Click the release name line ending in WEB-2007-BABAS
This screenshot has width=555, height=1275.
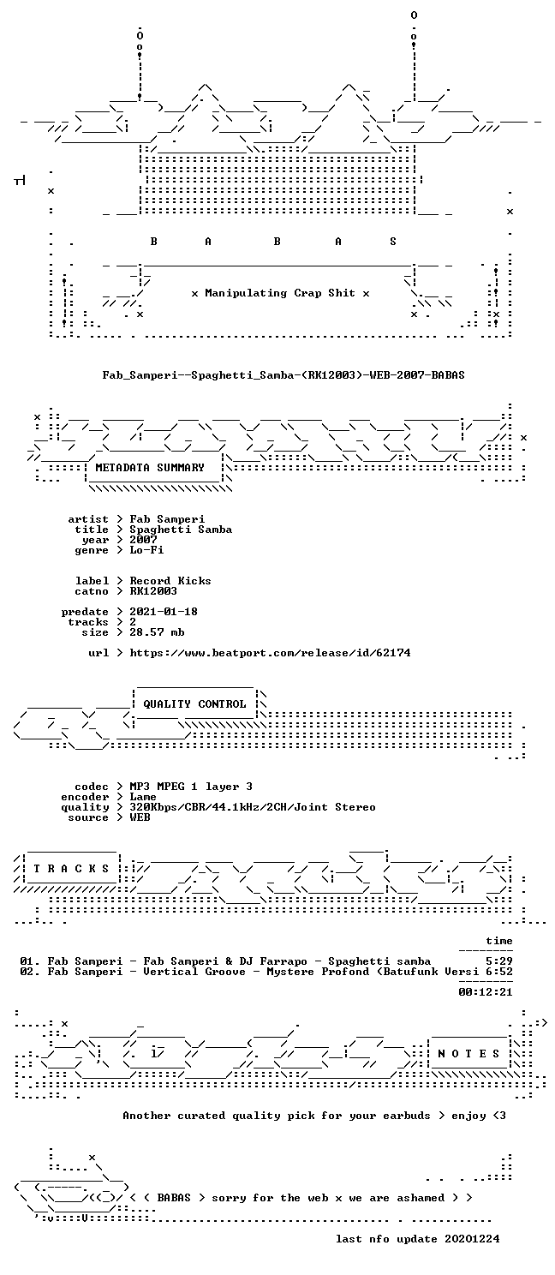(283, 375)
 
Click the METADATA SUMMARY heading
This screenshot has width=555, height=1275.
(150, 468)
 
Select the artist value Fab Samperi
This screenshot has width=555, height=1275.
(167, 519)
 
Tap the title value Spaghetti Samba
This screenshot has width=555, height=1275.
(181, 530)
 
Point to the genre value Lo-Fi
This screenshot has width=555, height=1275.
(146, 550)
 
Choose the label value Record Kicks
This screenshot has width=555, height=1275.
(170, 581)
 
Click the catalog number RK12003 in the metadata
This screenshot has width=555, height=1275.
(153, 591)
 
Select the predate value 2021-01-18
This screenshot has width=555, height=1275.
(164, 611)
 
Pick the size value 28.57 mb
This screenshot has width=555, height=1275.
(157, 632)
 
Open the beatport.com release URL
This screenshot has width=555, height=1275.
(270, 652)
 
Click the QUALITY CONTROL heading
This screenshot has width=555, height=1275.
(194, 704)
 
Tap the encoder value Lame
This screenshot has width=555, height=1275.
(143, 797)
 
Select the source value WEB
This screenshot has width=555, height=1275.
(140, 817)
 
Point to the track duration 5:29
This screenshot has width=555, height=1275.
(499, 961)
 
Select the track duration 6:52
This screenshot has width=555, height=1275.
(499, 972)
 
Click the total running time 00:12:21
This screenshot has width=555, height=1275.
(486, 992)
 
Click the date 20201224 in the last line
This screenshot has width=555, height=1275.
(473, 1238)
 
